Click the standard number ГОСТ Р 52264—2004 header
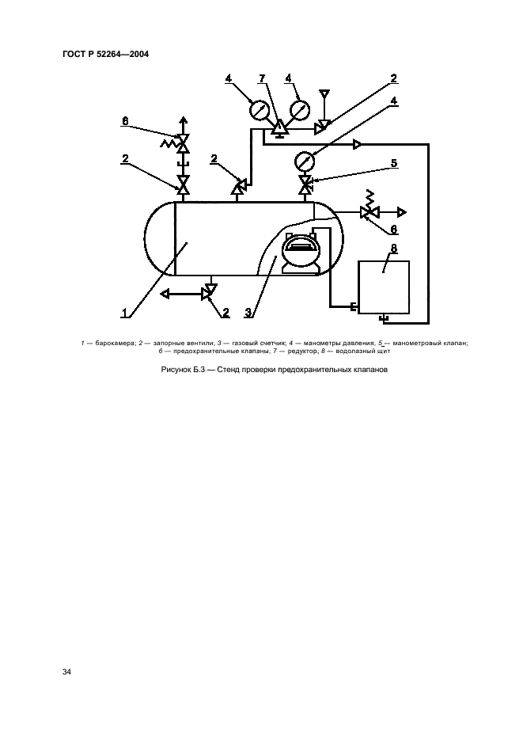[105, 54]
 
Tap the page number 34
[66, 671]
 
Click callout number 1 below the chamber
[124, 313]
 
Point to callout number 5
[393, 163]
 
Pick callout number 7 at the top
[262, 78]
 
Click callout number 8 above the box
[394, 249]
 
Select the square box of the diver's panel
[384, 287]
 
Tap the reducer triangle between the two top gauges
[279, 127]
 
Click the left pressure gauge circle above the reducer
[259, 111]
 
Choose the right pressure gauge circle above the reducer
[300, 110]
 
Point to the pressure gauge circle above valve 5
[305, 162]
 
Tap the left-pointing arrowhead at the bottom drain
[165, 294]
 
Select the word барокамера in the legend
[116, 344]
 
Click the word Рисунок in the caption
[176, 370]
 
